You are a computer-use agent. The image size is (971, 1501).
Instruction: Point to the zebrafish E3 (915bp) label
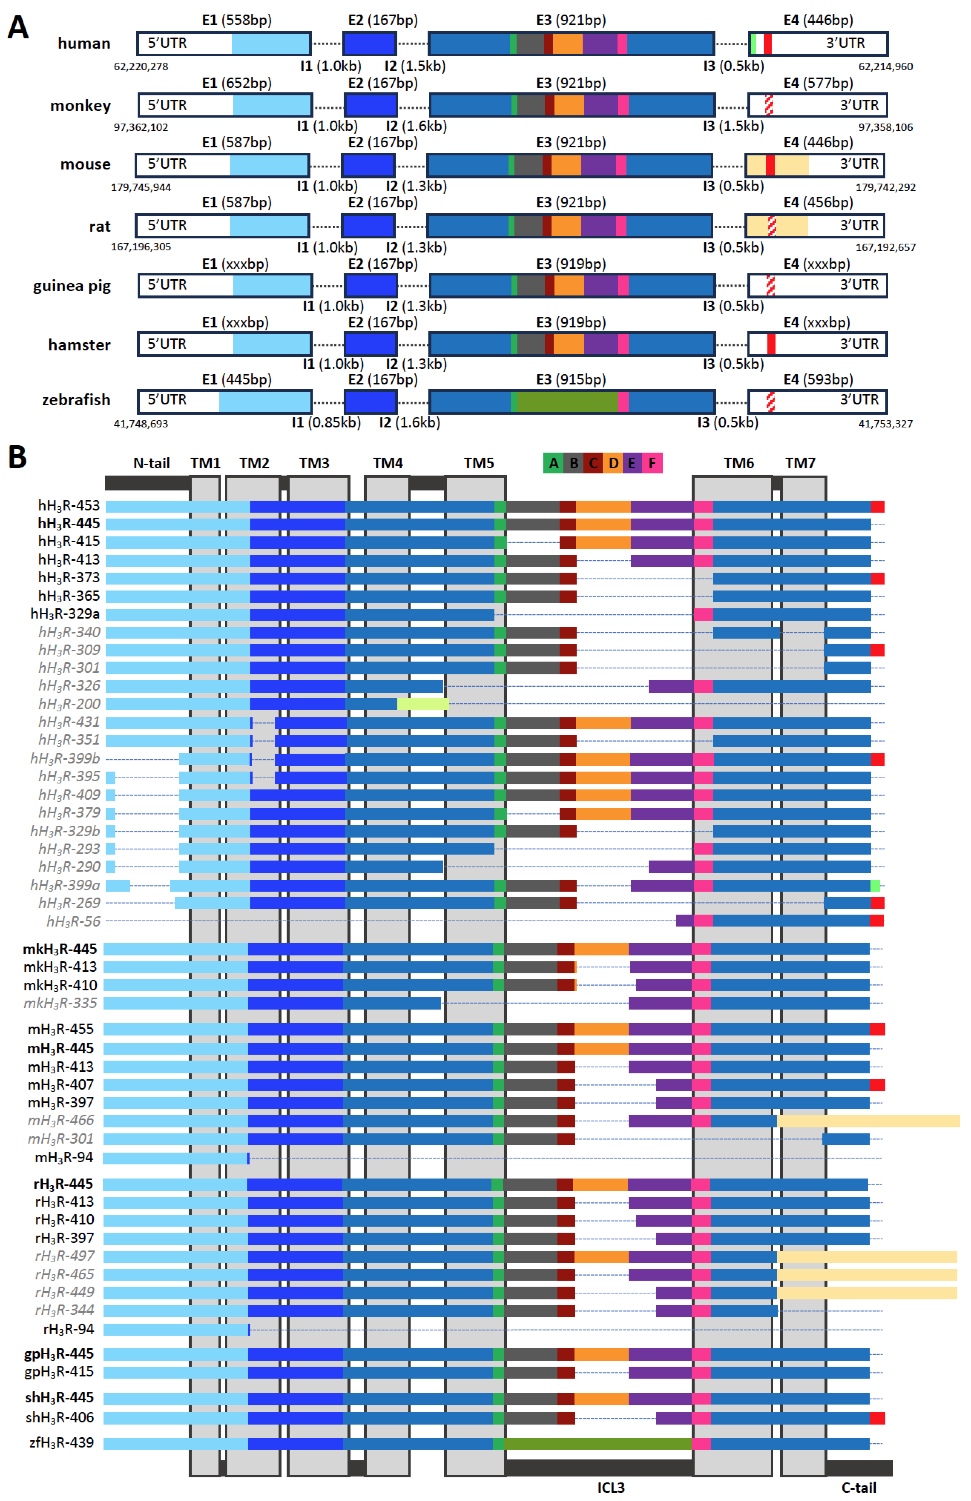[x=571, y=380]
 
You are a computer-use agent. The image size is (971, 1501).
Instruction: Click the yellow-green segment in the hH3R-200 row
[x=422, y=704]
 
